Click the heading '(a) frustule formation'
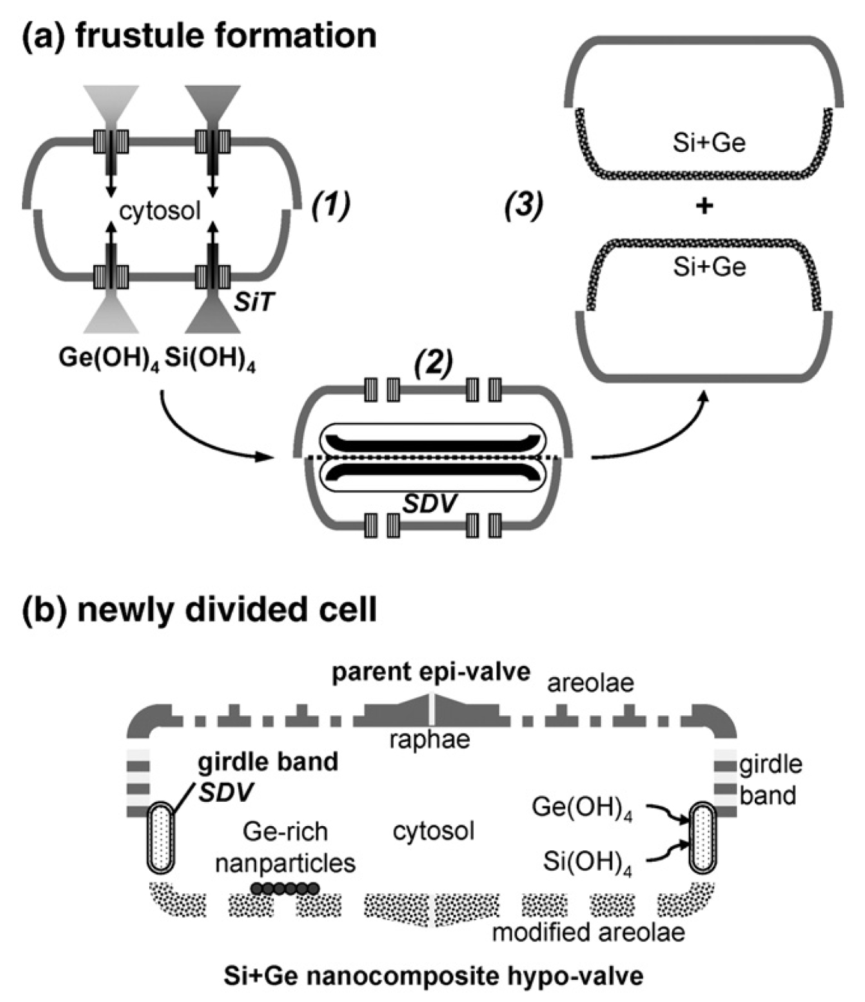(199, 36)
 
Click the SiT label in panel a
(254, 303)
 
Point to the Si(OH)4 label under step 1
(210, 359)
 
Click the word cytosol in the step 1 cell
(160, 211)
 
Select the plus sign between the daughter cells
(705, 207)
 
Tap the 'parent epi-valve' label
(431, 672)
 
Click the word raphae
(430, 740)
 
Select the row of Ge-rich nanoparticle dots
(285, 888)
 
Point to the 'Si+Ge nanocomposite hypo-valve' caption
(433, 976)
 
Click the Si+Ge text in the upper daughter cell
(709, 143)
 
